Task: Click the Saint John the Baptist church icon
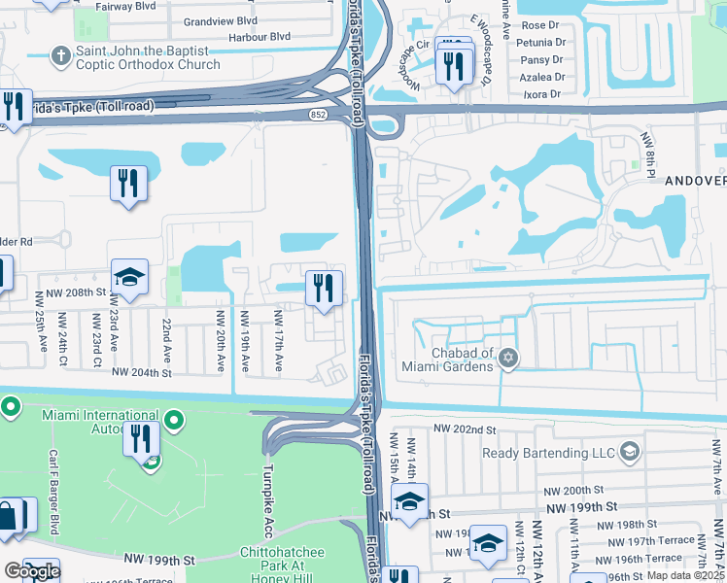click(60, 55)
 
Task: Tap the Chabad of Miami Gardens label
click(448, 360)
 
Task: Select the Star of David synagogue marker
click(506, 360)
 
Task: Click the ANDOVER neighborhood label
click(695, 181)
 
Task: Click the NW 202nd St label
click(465, 429)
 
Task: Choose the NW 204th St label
click(142, 372)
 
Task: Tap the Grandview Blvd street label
click(221, 19)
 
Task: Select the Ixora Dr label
click(541, 94)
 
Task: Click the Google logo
click(32, 571)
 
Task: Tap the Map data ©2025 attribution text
click(683, 576)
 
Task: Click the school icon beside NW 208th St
click(129, 278)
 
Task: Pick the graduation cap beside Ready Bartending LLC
click(629, 452)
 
